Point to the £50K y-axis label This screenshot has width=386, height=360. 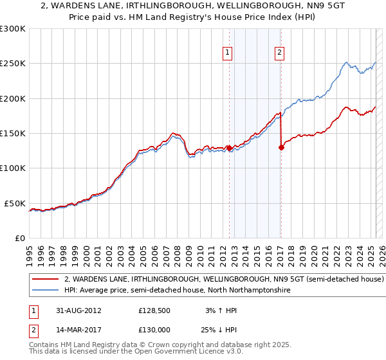(15, 203)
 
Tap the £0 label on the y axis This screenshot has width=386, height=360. (20, 238)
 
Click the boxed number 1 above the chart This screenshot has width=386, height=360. (228, 53)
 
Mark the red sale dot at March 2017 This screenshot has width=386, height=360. (281, 147)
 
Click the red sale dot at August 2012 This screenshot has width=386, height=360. (229, 148)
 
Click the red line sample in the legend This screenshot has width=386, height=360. (46, 280)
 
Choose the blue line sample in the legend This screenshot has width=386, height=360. (46, 291)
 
